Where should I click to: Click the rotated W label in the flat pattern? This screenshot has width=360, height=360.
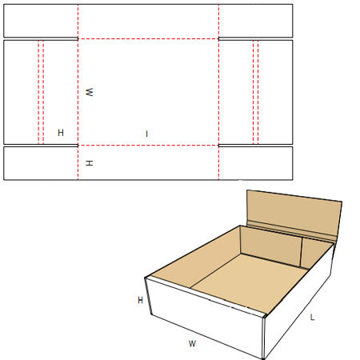(90, 92)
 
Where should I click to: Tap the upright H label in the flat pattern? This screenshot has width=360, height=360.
(61, 133)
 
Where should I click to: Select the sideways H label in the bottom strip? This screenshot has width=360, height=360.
(90, 163)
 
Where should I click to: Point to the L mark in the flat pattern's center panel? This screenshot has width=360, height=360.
(146, 134)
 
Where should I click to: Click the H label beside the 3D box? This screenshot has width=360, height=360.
(141, 300)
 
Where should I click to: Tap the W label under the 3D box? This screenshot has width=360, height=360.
(192, 343)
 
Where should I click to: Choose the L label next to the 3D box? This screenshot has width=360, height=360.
(313, 318)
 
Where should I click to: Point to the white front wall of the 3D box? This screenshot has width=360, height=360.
(206, 318)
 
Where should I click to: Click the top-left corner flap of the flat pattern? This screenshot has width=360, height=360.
(41, 21)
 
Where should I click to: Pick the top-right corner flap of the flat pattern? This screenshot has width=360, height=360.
(256, 21)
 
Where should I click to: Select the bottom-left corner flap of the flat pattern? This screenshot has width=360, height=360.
(41, 163)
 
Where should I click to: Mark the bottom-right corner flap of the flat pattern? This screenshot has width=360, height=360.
(256, 163)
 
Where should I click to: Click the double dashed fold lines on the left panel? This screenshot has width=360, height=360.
(41, 92)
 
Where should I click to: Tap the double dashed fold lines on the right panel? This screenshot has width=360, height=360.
(256, 92)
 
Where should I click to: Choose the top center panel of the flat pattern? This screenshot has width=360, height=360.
(148, 22)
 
